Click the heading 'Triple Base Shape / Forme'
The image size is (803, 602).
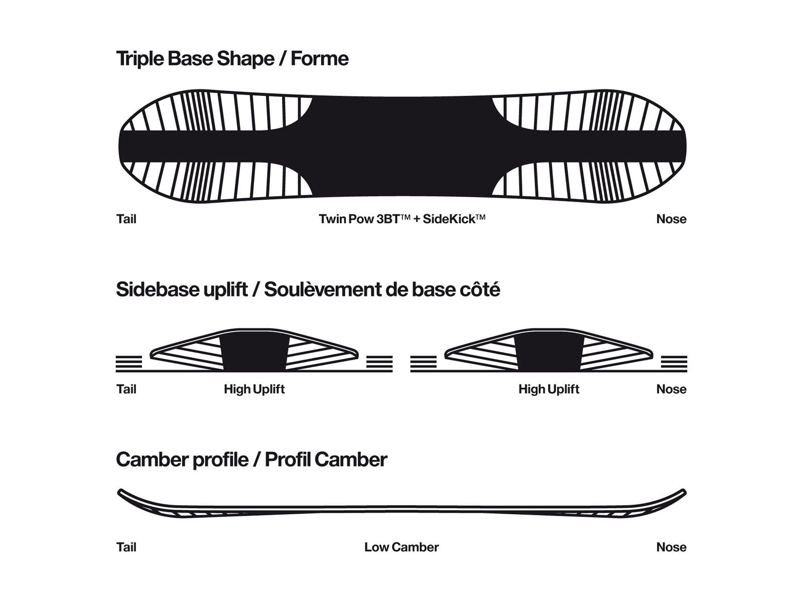[x=232, y=59]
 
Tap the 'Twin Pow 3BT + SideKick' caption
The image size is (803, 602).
[x=401, y=219]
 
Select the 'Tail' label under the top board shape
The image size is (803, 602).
[x=126, y=219]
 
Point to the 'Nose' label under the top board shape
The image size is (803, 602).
[x=671, y=219]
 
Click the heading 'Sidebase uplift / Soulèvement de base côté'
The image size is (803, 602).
[x=308, y=289]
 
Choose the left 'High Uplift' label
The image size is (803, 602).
[x=254, y=389]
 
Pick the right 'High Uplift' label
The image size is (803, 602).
[x=549, y=389]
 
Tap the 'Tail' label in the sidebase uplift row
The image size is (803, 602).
[x=126, y=389]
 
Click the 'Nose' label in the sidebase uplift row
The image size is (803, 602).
[x=671, y=389]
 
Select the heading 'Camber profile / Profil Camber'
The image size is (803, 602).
[x=251, y=460]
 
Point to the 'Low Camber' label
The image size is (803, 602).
[x=401, y=547]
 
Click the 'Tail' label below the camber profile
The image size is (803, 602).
[x=126, y=547]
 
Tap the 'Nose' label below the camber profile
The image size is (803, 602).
[x=671, y=547]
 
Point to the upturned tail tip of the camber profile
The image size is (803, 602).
[x=121, y=492]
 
